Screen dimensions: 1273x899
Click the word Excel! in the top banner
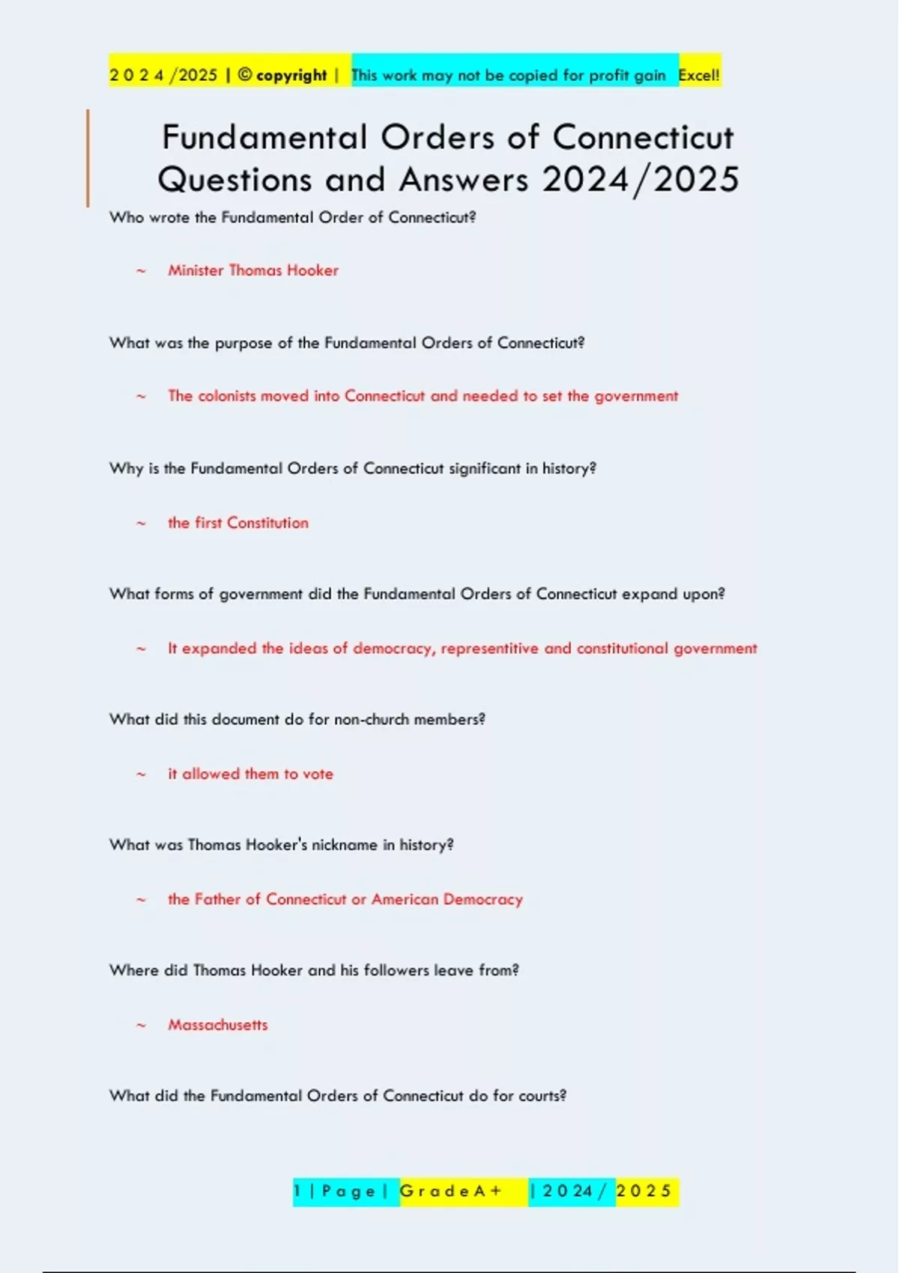[698, 75]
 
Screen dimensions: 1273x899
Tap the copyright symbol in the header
[245, 75]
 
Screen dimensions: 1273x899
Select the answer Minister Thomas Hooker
[253, 270]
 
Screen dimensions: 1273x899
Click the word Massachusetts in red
[217, 1024]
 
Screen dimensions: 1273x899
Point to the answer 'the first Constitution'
[237, 523]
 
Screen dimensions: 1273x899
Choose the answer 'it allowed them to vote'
[250, 774]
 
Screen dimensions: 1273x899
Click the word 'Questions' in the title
[234, 180]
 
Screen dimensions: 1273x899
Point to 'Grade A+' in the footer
[451, 1191]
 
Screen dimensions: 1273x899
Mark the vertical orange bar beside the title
[88, 158]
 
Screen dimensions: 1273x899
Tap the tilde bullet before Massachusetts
[141, 1025]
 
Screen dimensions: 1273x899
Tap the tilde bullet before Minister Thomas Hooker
[141, 271]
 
